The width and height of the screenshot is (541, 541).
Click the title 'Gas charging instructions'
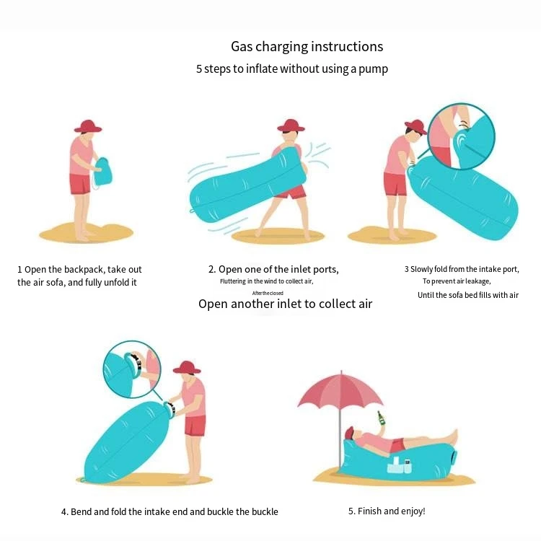point(307,47)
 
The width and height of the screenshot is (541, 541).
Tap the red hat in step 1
point(88,126)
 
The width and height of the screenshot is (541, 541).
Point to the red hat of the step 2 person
point(291,126)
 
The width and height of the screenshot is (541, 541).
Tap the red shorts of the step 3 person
point(395,185)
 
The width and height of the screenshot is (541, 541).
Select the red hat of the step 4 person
point(188,367)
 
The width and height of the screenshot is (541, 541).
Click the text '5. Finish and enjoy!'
point(387,511)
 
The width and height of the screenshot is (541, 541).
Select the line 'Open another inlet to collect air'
point(286,304)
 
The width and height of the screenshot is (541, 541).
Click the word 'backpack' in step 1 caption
point(90,270)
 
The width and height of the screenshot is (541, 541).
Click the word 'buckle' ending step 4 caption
point(264,511)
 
